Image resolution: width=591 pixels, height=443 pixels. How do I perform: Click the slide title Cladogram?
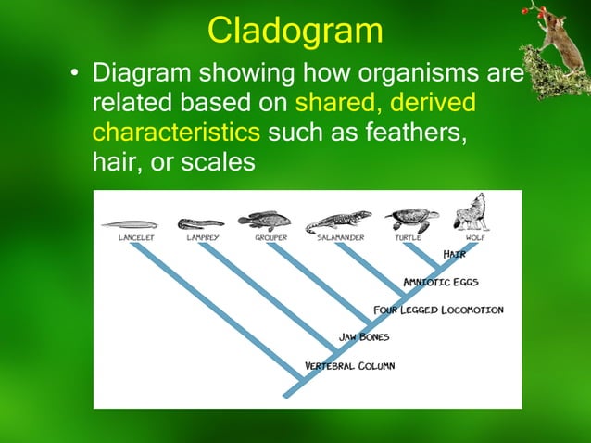pyautogui.click(x=295, y=31)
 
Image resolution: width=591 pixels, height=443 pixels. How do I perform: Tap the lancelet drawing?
pyautogui.click(x=129, y=223)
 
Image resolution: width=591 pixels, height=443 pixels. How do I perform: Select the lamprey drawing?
pyautogui.click(x=200, y=223)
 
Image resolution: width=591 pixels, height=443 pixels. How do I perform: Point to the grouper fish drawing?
pyautogui.click(x=264, y=221)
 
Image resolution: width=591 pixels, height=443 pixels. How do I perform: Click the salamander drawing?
pyautogui.click(x=338, y=222)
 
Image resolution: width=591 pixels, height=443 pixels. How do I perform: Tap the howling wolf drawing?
pyautogui.click(x=470, y=211)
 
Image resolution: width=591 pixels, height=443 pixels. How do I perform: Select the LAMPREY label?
pyautogui.click(x=203, y=238)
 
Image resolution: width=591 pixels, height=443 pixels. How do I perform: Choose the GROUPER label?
pyautogui.click(x=271, y=238)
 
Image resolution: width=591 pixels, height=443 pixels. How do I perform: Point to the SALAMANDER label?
pyautogui.click(x=340, y=238)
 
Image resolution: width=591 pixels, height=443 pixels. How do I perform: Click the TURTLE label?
pyautogui.click(x=408, y=238)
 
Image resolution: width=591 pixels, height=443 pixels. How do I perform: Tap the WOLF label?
pyautogui.click(x=475, y=238)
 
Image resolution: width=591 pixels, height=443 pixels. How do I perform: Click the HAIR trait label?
pyautogui.click(x=454, y=254)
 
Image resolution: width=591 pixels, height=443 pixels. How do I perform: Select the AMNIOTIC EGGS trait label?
pyautogui.click(x=441, y=282)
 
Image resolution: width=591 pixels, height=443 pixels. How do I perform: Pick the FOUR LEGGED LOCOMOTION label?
pyautogui.click(x=438, y=310)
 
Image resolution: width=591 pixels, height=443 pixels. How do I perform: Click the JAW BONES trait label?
pyautogui.click(x=365, y=337)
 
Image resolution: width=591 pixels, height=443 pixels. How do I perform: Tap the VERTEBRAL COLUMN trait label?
pyautogui.click(x=350, y=366)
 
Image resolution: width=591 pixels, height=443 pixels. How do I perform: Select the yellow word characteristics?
pyautogui.click(x=177, y=133)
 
